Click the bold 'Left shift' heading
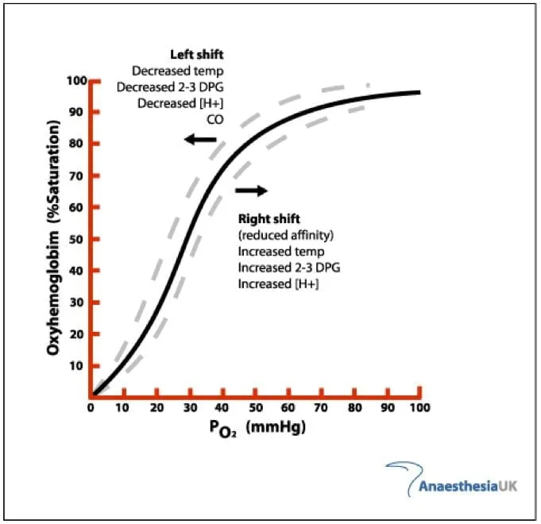tap(197, 54)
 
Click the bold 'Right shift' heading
tap(269, 218)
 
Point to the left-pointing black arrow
tap(200, 140)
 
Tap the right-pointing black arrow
tap(252, 191)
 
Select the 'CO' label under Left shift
tap(215, 120)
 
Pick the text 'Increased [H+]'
tap(278, 284)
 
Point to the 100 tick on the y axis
tap(75, 81)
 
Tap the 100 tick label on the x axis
tap(419, 407)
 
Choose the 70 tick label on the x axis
tap(321, 407)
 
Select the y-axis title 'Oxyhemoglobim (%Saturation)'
tap(55, 238)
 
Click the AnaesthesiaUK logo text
tap(468, 485)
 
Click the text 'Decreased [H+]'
tap(180, 103)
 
